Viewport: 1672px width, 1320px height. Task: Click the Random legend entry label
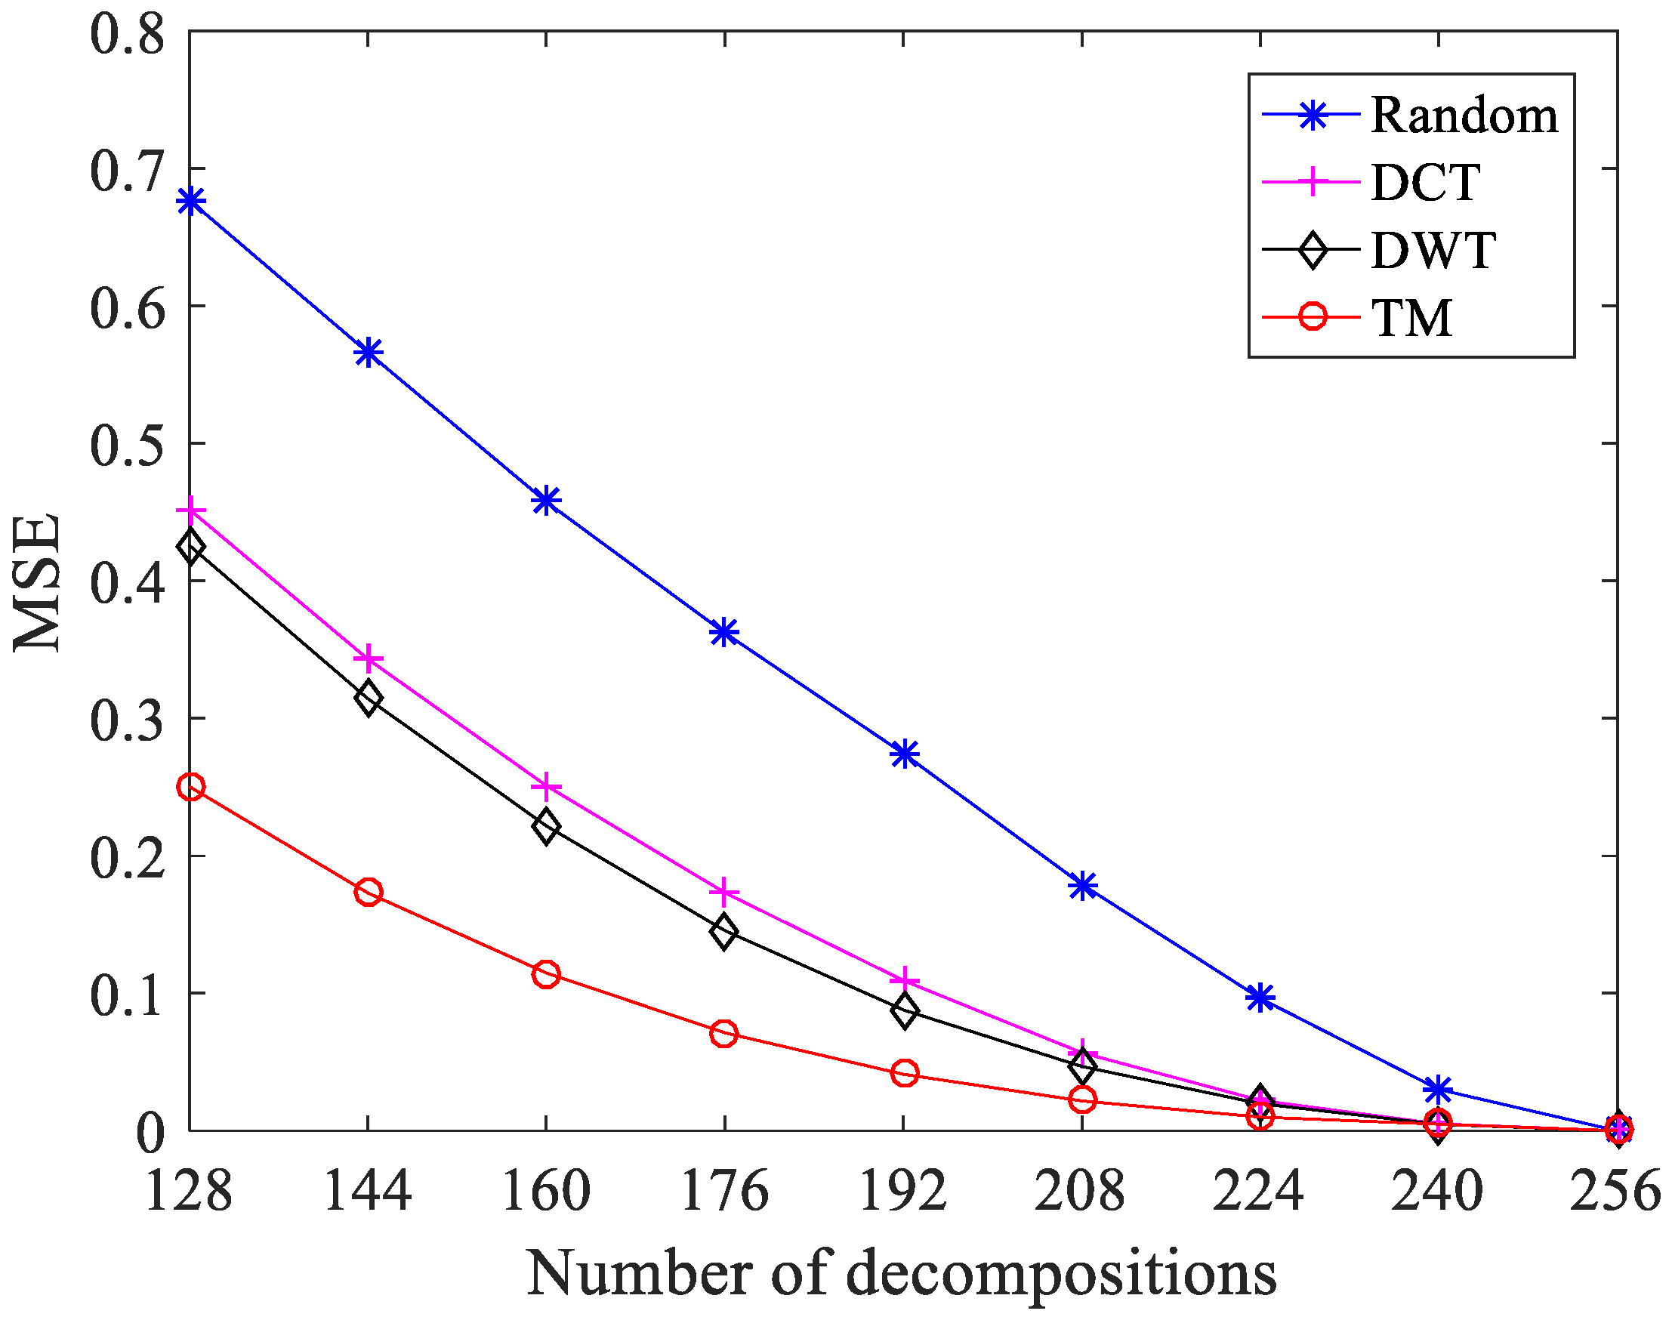tap(1464, 117)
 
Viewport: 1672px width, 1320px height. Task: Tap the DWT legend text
tap(1433, 251)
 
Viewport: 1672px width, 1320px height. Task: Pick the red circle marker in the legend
tap(1312, 317)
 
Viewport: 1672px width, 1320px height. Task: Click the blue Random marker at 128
tap(191, 202)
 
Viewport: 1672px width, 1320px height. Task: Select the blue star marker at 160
tap(547, 501)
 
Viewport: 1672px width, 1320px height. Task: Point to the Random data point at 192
tap(905, 754)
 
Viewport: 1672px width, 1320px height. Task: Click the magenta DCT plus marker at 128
tap(191, 512)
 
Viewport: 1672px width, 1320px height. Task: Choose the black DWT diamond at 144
tap(369, 699)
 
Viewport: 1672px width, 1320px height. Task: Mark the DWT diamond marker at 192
tap(905, 1010)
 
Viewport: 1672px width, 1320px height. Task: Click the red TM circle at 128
tap(191, 788)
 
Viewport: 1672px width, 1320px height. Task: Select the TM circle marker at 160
tap(547, 975)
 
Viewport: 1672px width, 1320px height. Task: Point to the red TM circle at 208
tap(1082, 1099)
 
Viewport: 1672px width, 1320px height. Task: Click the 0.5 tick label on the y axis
tap(128, 445)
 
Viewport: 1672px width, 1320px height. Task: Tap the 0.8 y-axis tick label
tap(128, 34)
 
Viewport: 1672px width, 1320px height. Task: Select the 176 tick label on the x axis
tap(724, 1191)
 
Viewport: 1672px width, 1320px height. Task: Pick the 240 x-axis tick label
tap(1437, 1191)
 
